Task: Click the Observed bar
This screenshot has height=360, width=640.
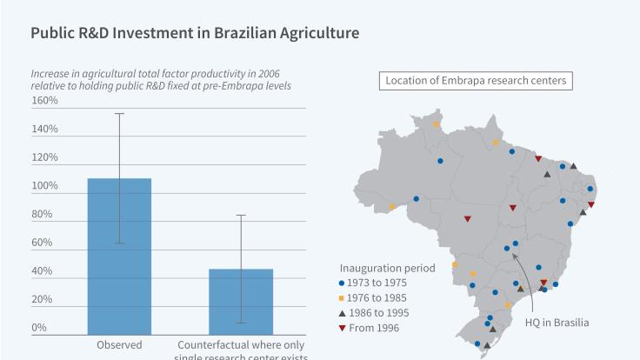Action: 119,256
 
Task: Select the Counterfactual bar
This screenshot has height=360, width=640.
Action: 241,301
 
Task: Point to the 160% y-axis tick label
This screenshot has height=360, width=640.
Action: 44,101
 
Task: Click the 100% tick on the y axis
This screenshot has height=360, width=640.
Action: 44,186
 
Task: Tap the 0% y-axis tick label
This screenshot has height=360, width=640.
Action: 39,328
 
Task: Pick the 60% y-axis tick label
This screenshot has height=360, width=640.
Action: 42,243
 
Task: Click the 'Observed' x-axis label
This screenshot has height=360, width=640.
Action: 119,344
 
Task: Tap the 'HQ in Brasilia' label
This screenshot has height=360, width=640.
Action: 557,322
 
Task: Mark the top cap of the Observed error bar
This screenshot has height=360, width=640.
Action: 119,114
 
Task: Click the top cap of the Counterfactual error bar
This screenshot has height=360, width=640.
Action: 241,215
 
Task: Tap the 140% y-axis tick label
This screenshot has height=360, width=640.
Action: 44,130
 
